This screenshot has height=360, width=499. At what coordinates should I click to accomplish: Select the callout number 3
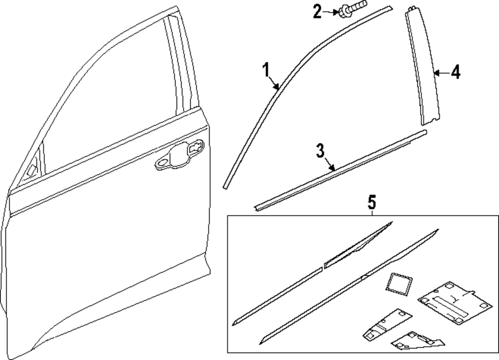point(321,150)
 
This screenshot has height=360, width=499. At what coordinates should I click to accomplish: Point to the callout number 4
point(455,72)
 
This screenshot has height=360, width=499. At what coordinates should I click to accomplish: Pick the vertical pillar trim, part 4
point(423,70)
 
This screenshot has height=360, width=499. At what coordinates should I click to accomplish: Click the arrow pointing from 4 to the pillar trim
point(438,73)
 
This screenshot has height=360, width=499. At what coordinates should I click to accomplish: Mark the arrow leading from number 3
point(329,164)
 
